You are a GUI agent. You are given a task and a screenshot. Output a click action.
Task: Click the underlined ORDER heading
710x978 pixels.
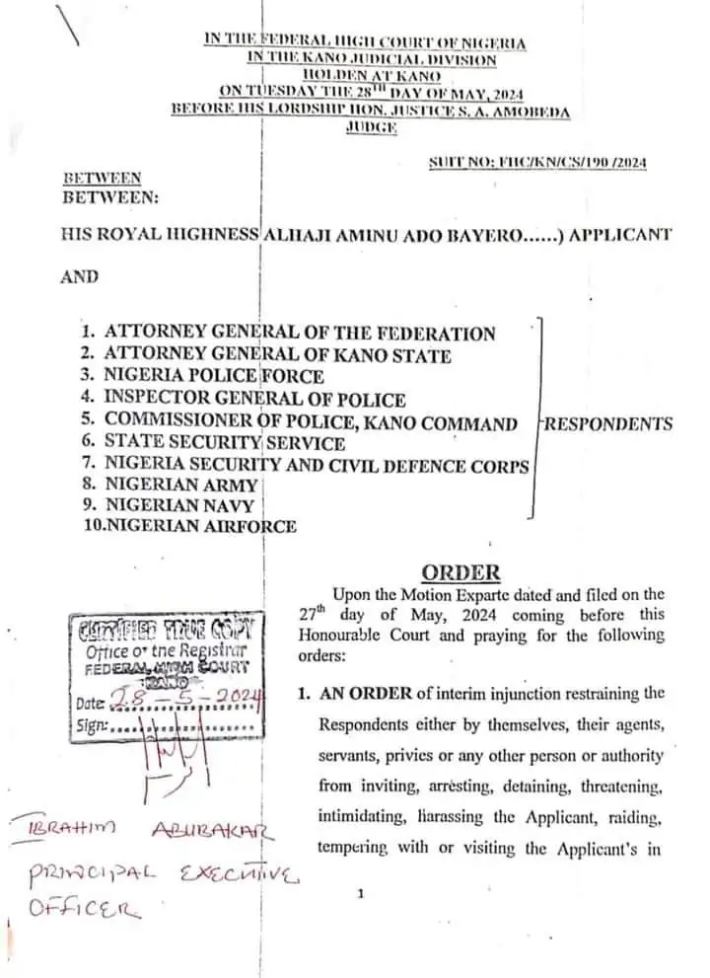461,572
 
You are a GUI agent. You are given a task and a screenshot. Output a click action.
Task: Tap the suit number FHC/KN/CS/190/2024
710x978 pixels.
537,163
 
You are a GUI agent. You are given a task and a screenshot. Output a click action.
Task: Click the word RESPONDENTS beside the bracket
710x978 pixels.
609,424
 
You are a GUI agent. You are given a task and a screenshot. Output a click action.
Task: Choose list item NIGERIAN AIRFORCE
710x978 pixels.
190,526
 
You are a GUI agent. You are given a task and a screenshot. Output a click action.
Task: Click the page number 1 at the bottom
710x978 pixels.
361,894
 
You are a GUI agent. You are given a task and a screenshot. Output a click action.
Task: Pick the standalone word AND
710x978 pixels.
80,276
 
